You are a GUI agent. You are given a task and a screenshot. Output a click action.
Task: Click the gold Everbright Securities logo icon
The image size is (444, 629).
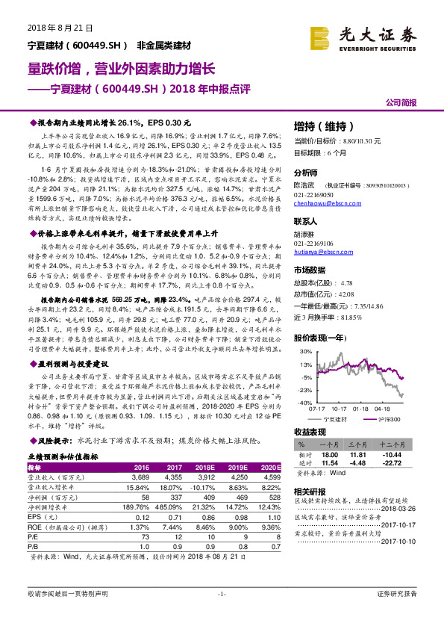click(320, 36)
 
